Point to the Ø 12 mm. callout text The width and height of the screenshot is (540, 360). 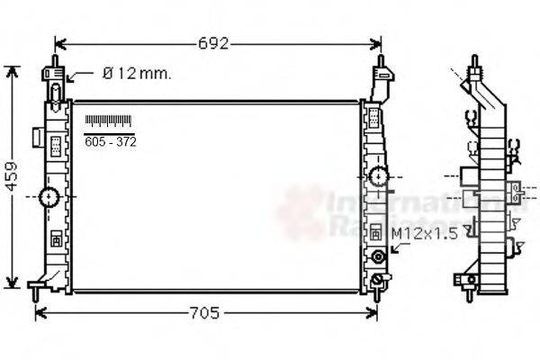tap(136, 73)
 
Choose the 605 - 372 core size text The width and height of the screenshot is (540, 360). tap(110, 141)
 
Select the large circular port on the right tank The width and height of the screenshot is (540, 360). tap(379, 175)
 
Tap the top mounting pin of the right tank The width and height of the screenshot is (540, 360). tap(382, 64)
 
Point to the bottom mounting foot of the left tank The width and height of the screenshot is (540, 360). tap(36, 289)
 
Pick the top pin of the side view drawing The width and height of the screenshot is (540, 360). tap(472, 65)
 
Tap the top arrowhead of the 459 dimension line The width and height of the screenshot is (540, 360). tap(12, 71)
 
